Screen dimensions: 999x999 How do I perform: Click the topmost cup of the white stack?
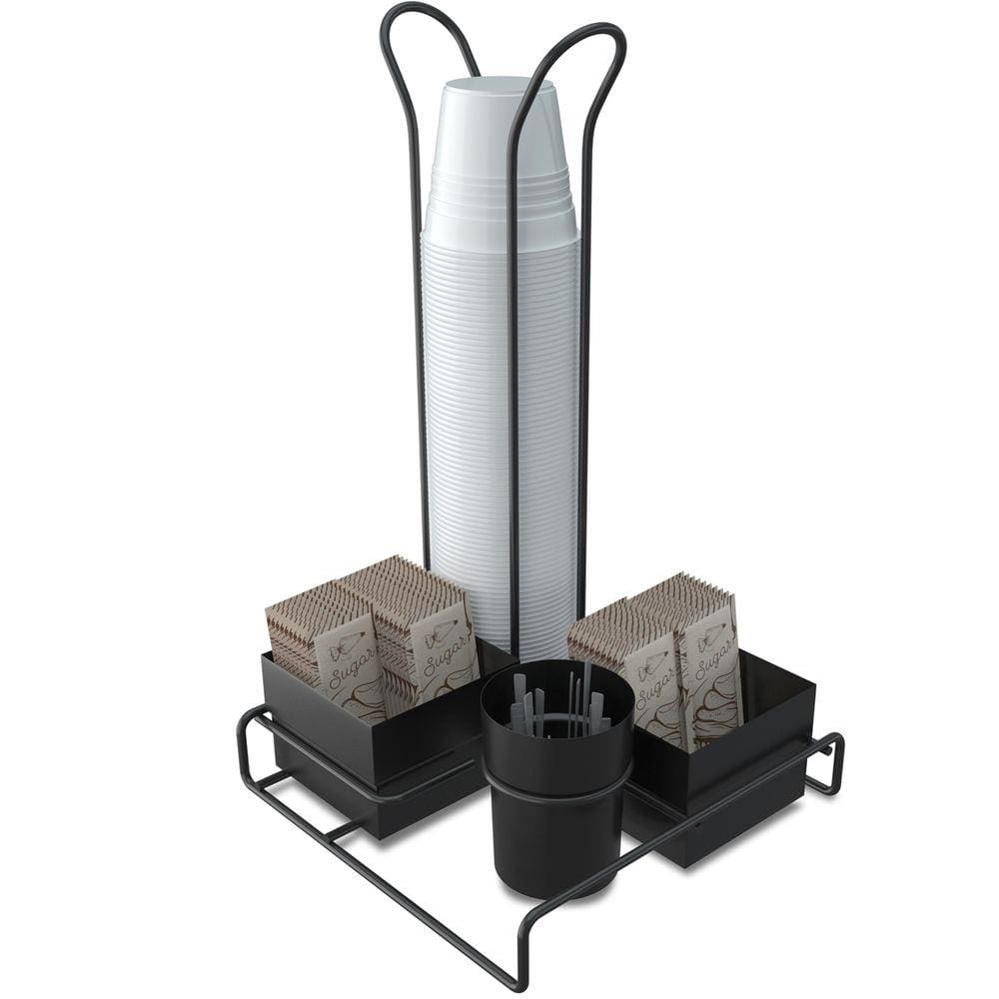pyautogui.click(x=499, y=100)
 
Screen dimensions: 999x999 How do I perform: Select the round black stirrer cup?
pyautogui.click(x=555, y=789)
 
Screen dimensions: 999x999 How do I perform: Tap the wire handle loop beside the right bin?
pyautogui.click(x=828, y=764)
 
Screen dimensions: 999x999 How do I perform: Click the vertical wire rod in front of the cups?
pyautogui.click(x=513, y=400)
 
